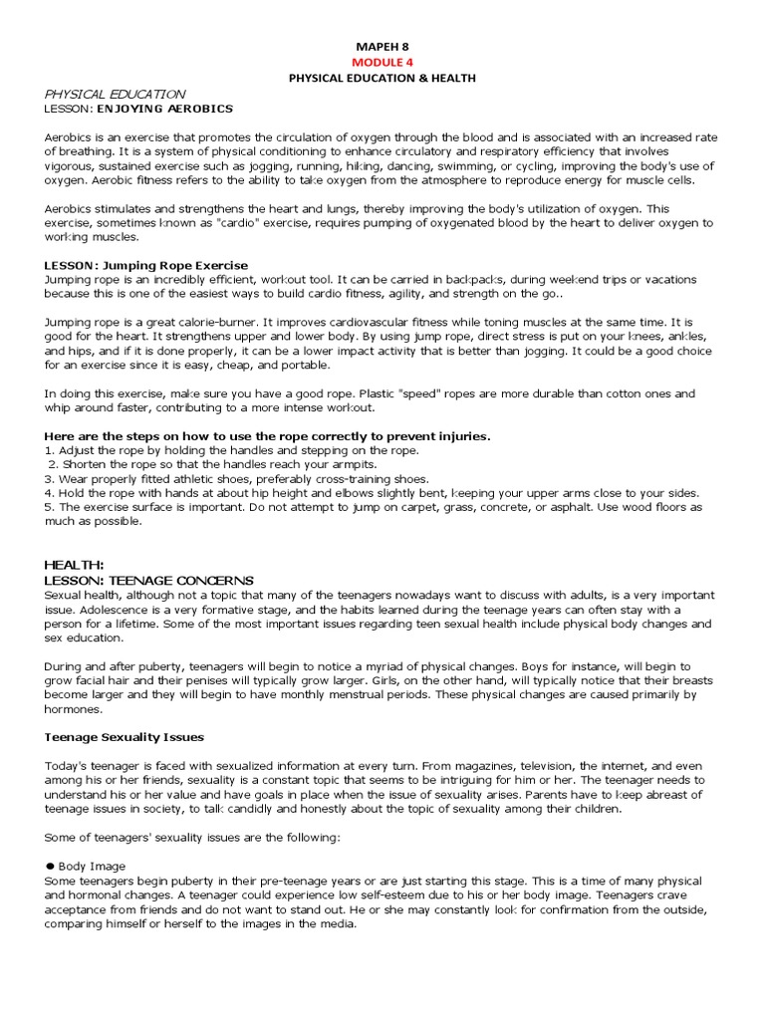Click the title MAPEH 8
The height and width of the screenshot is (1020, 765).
[382, 46]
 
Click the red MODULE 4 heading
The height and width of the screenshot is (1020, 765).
[382, 62]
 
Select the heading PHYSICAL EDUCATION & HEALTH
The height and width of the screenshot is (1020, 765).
[382, 78]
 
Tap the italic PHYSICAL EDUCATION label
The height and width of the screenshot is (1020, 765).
[115, 94]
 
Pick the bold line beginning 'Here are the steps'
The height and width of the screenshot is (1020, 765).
[268, 436]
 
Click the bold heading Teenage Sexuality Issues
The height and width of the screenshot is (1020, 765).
[125, 737]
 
